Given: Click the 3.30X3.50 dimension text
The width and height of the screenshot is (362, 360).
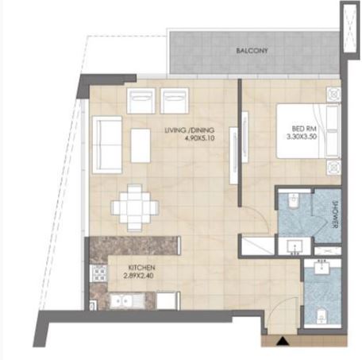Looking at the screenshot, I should coord(301,137).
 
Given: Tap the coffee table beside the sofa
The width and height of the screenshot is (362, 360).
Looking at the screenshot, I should coord(141,144).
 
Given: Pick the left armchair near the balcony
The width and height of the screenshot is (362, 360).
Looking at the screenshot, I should coord(141,100).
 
